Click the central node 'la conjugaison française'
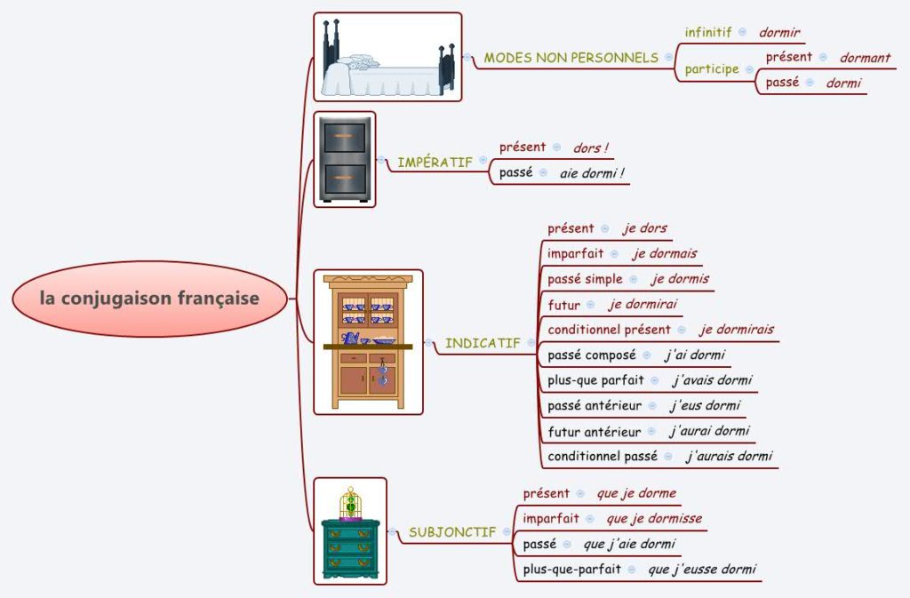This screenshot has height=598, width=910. [149, 299]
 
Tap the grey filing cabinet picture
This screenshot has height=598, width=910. [345, 159]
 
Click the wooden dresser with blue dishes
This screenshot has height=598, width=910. [368, 342]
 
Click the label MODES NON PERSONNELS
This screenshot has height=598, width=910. [571, 58]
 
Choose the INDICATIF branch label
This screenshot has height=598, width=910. [483, 343]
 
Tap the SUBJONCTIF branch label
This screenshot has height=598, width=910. [452, 533]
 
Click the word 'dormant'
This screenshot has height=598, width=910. [865, 58]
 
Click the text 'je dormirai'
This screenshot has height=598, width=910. [643, 305]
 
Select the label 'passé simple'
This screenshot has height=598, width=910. [585, 279]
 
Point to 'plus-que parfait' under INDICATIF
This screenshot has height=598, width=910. [595, 380]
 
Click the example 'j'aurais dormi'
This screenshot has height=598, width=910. [729, 457]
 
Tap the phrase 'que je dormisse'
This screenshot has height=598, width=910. [654, 518]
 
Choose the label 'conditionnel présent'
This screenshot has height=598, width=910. [609, 330]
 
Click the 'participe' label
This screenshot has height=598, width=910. [712, 69]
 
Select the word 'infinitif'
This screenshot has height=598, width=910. [708, 32]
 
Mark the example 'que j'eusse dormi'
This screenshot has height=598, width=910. [702, 570]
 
